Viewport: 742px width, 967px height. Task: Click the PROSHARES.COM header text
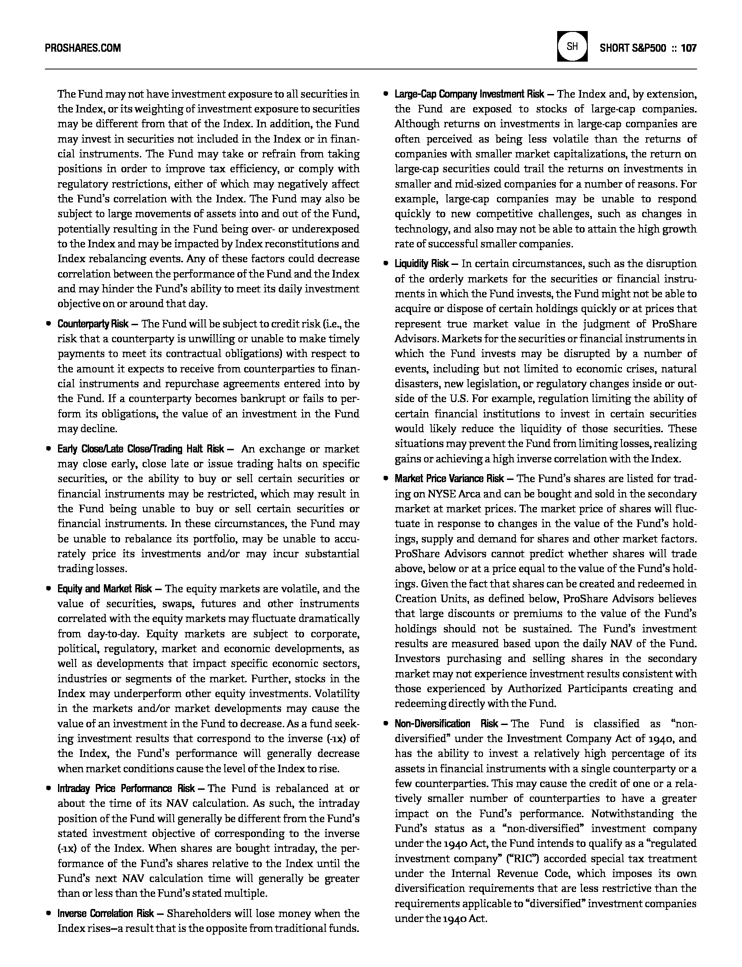pyautogui.click(x=83, y=48)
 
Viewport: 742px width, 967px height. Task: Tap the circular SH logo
pyautogui.click(x=572, y=46)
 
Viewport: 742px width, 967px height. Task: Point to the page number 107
pyautogui.click(x=688, y=48)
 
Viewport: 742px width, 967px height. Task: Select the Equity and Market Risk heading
pyautogui.click(x=104, y=589)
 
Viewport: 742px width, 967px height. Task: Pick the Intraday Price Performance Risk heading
pyautogui.click(x=126, y=788)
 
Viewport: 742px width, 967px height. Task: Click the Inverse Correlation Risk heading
pyautogui.click(x=106, y=913)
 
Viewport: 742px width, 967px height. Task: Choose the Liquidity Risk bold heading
pyautogui.click(x=422, y=264)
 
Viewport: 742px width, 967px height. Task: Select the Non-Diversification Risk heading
pyautogui.click(x=446, y=724)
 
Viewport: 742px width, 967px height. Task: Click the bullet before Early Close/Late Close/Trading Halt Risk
pyautogui.click(x=48, y=449)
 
